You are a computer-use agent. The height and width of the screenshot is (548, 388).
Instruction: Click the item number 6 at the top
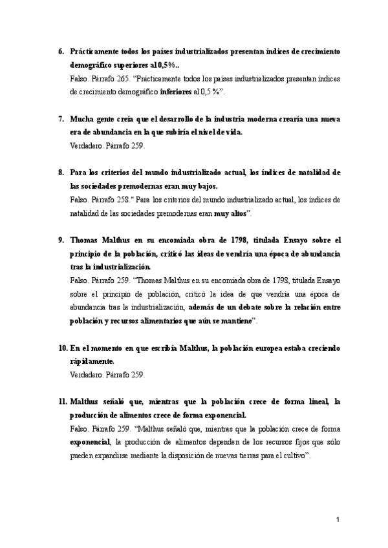pos(61,51)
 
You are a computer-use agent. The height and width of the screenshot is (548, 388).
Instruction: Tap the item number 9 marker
pos(61,240)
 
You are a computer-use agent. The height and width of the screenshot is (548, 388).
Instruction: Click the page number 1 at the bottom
pos(338,520)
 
